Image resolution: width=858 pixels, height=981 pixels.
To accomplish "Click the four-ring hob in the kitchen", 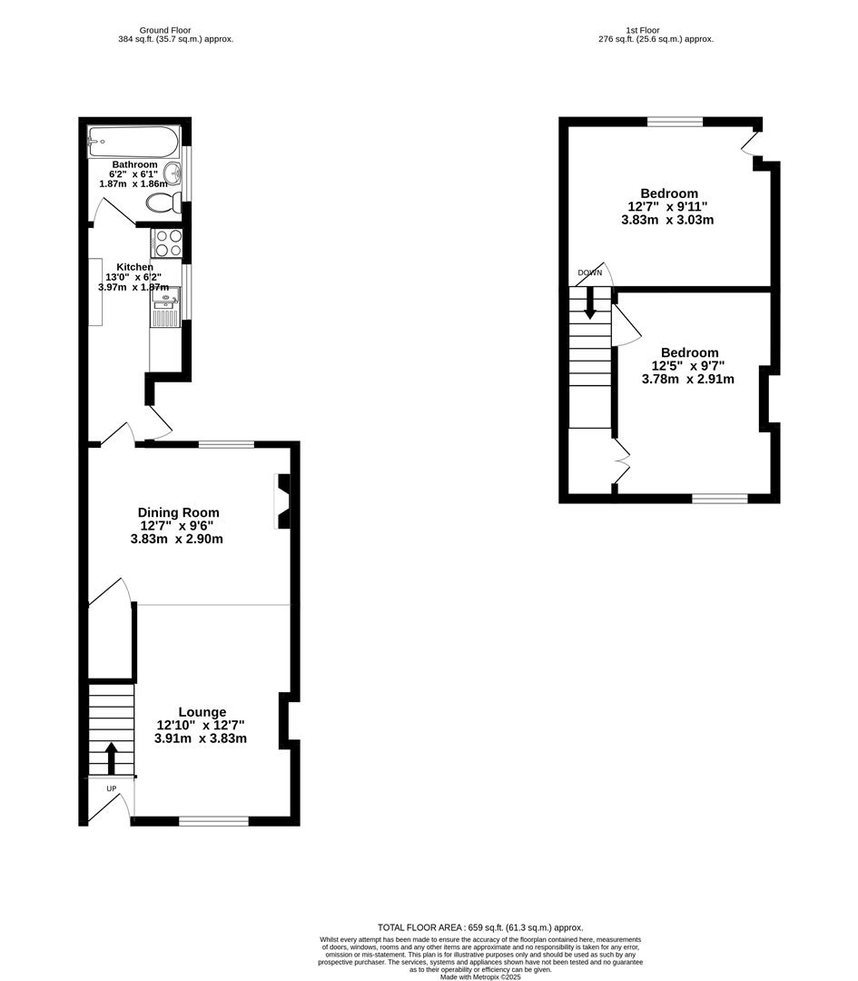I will pos(169,243).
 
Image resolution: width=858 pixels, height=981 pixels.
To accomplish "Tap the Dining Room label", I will pos(178,512).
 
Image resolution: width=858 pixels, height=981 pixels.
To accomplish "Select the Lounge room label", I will pos(202,712).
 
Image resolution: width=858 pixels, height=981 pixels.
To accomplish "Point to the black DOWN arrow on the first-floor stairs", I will pos(590,302).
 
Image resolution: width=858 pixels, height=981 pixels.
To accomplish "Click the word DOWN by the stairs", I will pos(589,272).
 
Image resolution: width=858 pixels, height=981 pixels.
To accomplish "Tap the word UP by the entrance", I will pos(112,788).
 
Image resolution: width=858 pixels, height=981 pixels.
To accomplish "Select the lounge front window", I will pos(213,821).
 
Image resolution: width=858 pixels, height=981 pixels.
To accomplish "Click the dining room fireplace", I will pos(282,501).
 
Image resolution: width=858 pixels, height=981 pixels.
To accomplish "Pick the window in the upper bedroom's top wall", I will pos(675,122).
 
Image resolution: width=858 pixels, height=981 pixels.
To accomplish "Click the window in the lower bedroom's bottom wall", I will pos(720,498).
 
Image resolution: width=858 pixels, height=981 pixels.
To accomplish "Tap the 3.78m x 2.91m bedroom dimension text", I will pos(687,379).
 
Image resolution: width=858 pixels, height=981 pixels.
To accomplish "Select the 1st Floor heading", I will pos(642,30).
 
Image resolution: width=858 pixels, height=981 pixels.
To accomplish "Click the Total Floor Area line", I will pos(480,927).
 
